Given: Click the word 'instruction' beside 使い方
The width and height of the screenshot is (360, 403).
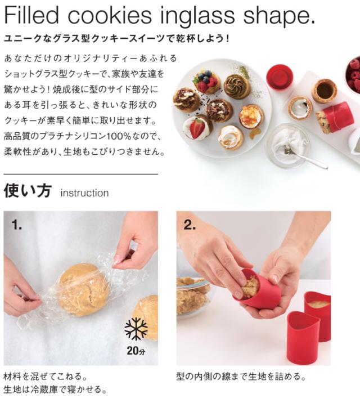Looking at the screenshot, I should coord(84,193).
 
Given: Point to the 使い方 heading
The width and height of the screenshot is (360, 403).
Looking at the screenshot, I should coord(28,191).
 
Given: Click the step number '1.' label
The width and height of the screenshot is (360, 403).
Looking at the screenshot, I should coord(17,225).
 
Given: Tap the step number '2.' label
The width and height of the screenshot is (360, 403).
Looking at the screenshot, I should coord(190,225).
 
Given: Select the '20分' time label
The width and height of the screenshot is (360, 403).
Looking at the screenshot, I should coord(136,352).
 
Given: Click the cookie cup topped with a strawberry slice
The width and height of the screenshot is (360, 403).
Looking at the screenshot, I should coord(196,128).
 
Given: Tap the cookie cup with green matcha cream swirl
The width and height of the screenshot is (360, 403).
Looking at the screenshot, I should coord(237,86).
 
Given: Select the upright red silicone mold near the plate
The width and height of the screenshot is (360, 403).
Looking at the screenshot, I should coord(280,77).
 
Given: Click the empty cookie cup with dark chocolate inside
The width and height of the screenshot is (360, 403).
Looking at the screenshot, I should coord(324,90).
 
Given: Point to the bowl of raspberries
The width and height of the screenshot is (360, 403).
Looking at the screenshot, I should coord(353,76).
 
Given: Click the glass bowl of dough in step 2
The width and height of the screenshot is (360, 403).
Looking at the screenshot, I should coord(191,295).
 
